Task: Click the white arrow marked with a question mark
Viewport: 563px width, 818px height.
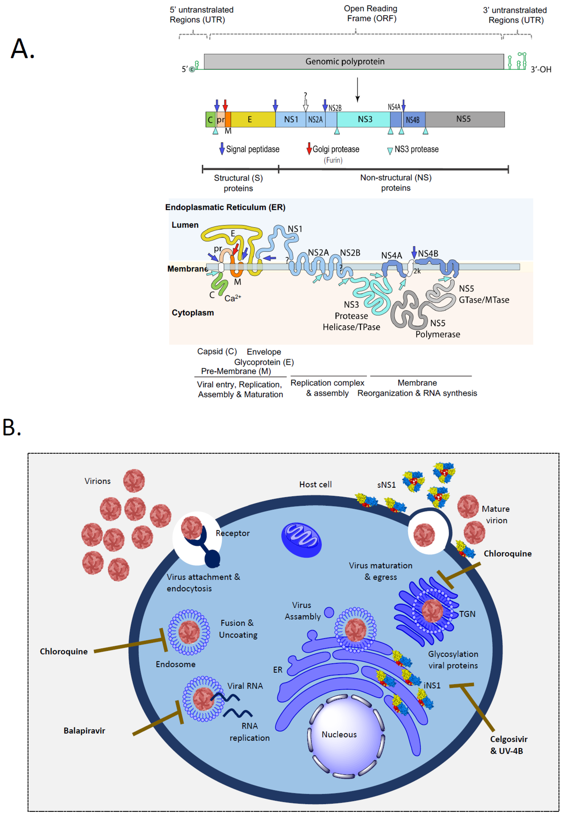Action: pyautogui.click(x=306, y=106)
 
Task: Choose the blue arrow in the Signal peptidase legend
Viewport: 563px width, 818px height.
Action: pyautogui.click(x=222, y=148)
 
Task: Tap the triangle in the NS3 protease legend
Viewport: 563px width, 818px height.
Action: pyautogui.click(x=390, y=151)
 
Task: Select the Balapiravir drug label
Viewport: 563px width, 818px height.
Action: pyautogui.click(x=84, y=731)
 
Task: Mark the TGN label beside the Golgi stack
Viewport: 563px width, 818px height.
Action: pyautogui.click(x=467, y=614)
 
